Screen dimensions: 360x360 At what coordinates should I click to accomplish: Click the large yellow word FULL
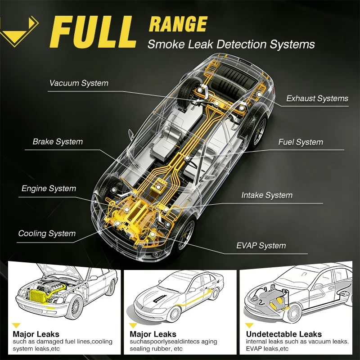click(x=93, y=32)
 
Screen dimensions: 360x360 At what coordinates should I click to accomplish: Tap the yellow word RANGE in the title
click(x=178, y=24)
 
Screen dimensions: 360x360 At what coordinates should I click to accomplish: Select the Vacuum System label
click(x=79, y=83)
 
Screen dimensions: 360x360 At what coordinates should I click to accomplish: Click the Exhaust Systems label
click(x=317, y=99)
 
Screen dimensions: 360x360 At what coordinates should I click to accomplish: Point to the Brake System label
click(x=58, y=142)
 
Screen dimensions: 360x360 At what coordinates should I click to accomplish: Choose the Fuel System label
click(x=301, y=142)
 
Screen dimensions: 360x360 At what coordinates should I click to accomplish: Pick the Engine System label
click(x=49, y=189)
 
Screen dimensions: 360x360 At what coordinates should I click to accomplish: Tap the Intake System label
click(x=267, y=195)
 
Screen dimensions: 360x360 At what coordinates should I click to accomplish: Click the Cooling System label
click(x=47, y=234)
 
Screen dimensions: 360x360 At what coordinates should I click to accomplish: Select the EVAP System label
click(x=261, y=246)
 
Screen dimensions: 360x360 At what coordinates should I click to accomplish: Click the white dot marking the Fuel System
click(x=187, y=158)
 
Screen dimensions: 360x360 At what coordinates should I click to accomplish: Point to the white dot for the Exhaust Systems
click(x=259, y=94)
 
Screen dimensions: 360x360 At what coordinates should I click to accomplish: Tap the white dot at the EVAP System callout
click(x=152, y=234)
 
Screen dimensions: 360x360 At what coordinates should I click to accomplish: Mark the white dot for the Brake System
click(x=158, y=187)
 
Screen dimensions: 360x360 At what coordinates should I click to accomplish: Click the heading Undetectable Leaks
click(x=284, y=334)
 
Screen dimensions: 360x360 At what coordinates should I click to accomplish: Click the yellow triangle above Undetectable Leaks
click(x=249, y=325)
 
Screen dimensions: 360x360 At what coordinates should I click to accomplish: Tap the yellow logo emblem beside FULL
click(x=19, y=31)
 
